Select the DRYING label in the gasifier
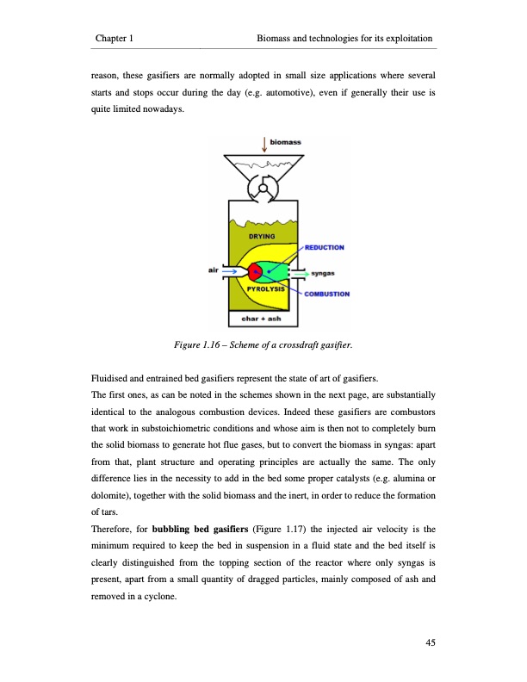tap(262, 235)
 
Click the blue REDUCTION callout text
tap(325, 247)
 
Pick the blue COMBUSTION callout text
tap(325, 294)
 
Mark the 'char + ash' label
tap(263, 319)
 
